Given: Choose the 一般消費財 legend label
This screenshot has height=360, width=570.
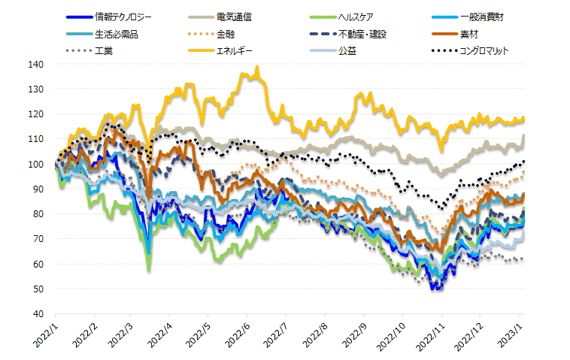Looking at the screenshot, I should pos(481,16).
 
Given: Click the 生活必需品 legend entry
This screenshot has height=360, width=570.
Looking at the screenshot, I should pos(117,34).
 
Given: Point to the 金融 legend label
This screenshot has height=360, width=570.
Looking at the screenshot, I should pos(226,34).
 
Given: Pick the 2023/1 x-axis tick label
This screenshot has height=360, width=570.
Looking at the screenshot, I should pos(513,335).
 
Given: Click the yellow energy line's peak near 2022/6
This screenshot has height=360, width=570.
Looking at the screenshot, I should pos(257,67).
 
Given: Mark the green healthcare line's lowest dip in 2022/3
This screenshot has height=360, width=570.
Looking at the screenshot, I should pos(150,270).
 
